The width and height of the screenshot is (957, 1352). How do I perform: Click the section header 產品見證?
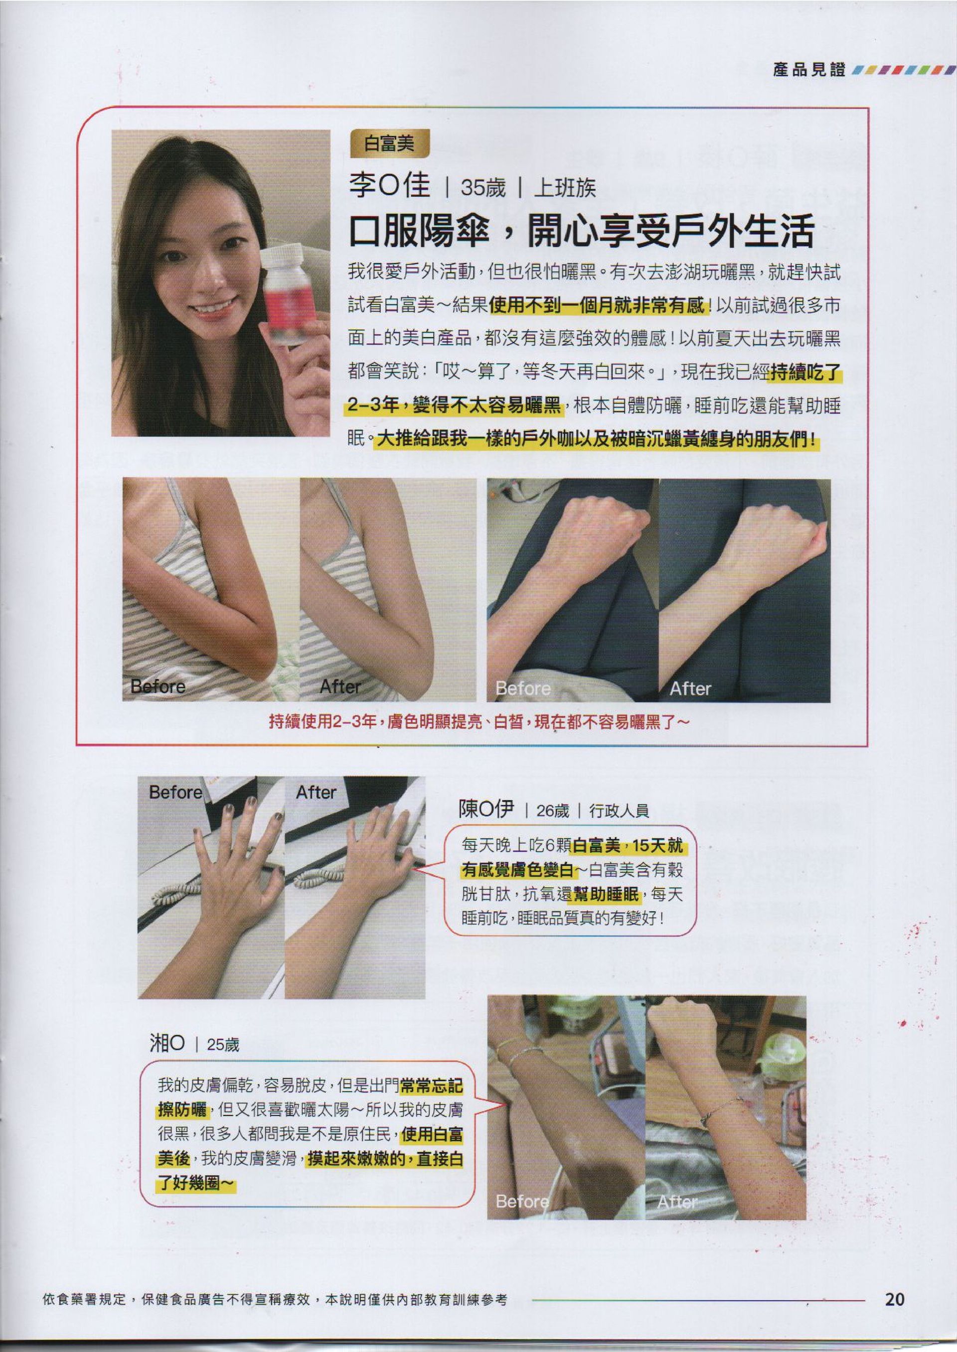pyautogui.click(x=809, y=70)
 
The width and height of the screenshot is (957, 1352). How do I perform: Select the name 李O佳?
pyautogui.click(x=389, y=187)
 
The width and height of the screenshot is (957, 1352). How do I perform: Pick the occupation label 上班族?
pyautogui.click(x=565, y=188)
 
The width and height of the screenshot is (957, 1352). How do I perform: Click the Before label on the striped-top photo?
pyautogui.click(x=158, y=686)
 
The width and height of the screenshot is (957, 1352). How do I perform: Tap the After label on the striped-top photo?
pyautogui.click(x=340, y=686)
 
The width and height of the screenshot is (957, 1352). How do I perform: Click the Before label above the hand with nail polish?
pyautogui.click(x=175, y=793)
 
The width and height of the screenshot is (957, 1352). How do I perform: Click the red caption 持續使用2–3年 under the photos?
pyautogui.click(x=323, y=721)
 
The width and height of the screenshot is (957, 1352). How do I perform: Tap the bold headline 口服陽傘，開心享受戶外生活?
pyautogui.click(x=582, y=232)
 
